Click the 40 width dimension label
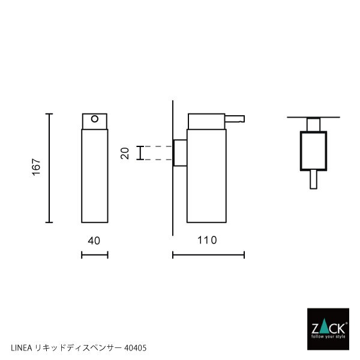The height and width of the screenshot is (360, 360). coord(94,241)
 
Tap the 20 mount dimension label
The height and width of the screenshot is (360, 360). coord(125,152)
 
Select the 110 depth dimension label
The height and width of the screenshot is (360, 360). coord(206,241)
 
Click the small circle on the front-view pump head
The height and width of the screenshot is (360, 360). coord(94,119)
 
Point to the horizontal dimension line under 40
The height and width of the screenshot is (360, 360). coord(94,256)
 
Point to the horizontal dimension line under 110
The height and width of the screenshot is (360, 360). coord(208,256)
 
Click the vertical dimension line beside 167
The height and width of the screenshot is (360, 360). coord(50,167)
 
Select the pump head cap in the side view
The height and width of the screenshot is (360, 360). coord(206,120)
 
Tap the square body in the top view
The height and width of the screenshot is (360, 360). coord(313,151)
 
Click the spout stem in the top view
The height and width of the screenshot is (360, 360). coord(313,179)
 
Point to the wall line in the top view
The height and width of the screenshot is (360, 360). coord(313,117)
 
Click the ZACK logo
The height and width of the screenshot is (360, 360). coord(328,329)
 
